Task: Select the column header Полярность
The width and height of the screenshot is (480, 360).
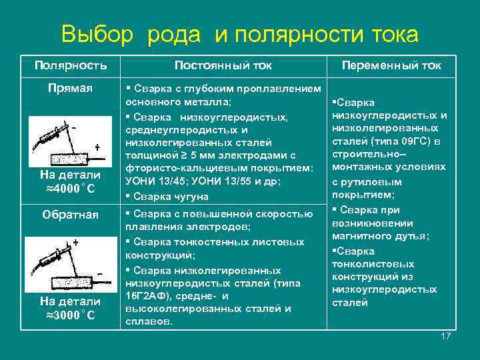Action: [71, 65]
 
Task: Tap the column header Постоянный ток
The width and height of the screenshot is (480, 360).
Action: [223, 65]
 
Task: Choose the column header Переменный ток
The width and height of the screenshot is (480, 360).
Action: [391, 65]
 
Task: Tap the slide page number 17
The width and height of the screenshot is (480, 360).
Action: [446, 336]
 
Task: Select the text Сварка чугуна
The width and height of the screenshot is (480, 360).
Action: [171, 197]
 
